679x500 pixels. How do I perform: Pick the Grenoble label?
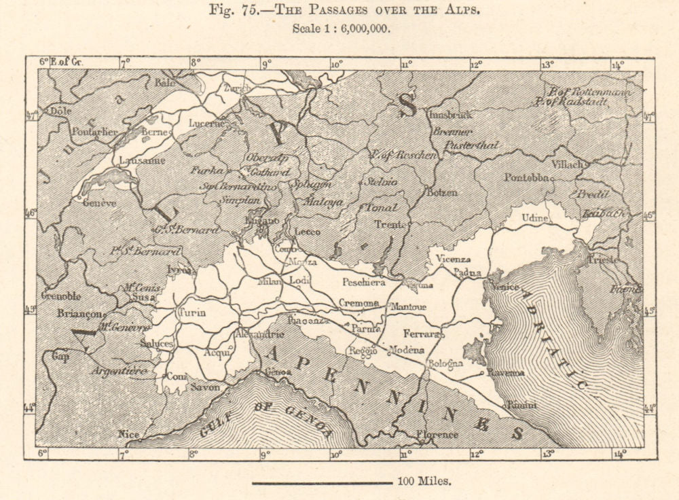[x=62, y=296]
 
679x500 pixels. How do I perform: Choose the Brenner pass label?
[x=454, y=132]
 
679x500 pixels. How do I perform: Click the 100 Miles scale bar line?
[x=322, y=482]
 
